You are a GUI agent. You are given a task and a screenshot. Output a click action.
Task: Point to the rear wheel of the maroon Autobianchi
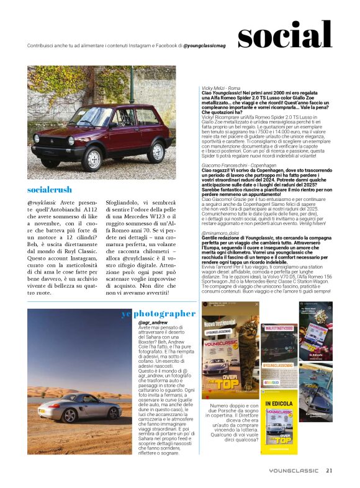pos(155,149)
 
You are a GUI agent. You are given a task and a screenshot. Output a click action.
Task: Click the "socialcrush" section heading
pos(50,190)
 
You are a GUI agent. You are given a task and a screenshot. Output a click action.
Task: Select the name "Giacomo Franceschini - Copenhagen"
pos(237,166)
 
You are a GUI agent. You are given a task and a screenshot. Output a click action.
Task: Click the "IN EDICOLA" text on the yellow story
pos(279,404)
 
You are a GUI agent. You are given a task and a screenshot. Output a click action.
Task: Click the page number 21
pos(330,469)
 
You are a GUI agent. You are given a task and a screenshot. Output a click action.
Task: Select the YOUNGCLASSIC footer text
pos(294,470)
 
